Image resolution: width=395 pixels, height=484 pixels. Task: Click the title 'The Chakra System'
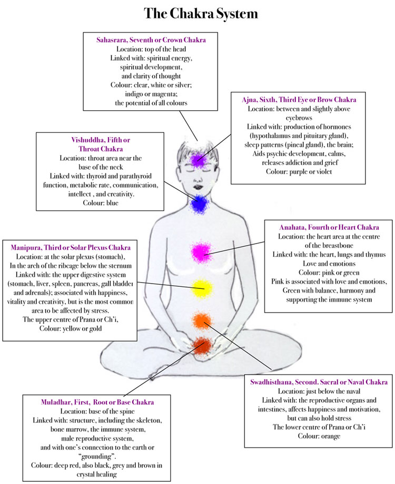pyautogui.click(x=197, y=14)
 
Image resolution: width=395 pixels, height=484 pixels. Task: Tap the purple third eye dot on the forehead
pyautogui.click(x=197, y=159)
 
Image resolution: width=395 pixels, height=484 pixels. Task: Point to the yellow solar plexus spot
pyautogui.click(x=201, y=288)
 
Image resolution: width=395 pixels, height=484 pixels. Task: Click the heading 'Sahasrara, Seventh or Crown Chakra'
pyautogui.click(x=151, y=40)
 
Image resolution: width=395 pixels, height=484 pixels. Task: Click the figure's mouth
pyautogui.click(x=197, y=185)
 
